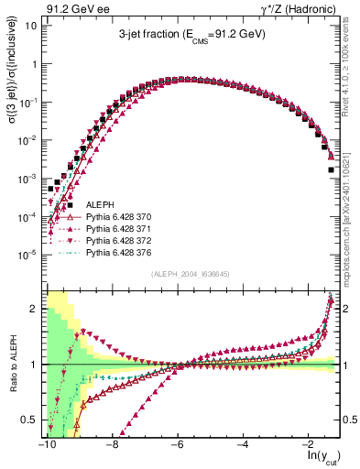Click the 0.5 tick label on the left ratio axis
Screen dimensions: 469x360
click(x=31, y=420)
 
